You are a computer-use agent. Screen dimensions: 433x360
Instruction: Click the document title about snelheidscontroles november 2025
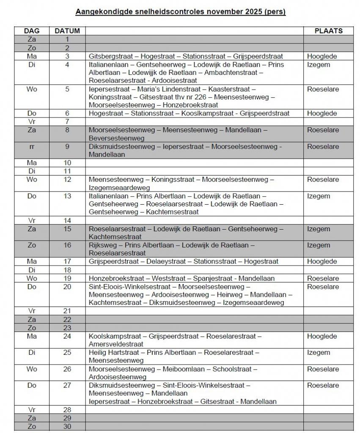[x=180, y=12]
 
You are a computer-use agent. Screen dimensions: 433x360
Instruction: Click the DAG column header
[x=32, y=31]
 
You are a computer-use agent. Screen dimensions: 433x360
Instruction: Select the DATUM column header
[x=67, y=31]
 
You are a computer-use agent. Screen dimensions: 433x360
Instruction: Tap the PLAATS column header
[x=328, y=31]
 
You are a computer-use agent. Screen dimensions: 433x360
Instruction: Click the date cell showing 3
[x=67, y=56]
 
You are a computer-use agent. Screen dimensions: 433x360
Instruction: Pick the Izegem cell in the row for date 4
[x=319, y=65]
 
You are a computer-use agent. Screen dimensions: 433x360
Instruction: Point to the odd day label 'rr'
[x=32, y=147]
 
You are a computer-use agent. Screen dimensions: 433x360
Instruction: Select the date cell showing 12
[x=67, y=180]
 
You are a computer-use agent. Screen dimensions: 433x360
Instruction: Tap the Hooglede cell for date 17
[x=322, y=262]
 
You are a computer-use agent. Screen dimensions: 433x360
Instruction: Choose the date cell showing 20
[x=67, y=287]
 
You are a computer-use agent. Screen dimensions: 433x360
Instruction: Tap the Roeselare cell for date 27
[x=323, y=385]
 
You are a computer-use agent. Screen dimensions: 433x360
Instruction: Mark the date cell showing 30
[x=67, y=426]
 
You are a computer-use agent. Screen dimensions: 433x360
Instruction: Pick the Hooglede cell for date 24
[x=322, y=336]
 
